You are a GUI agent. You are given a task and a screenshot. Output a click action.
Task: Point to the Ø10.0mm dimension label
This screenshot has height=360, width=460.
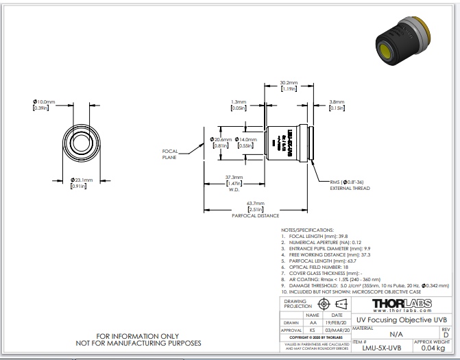(43, 102)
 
